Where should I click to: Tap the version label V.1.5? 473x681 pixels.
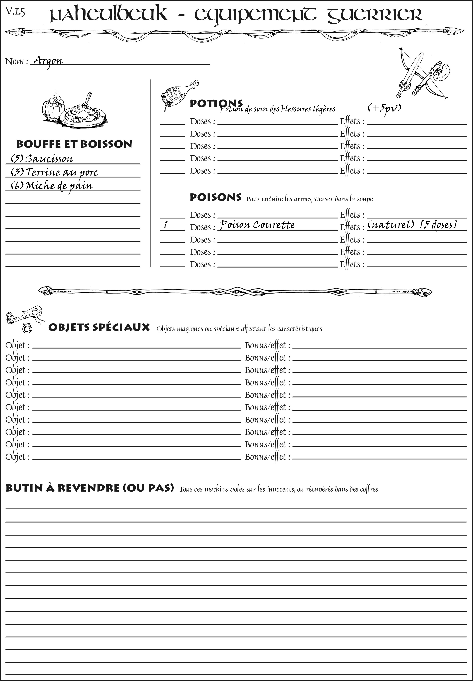[15, 12]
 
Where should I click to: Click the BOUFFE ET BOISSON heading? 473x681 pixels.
[74, 144]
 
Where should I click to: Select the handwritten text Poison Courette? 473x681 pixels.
[257, 225]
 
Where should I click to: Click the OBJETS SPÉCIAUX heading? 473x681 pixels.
[99, 328]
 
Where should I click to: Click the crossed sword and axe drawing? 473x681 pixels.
[421, 74]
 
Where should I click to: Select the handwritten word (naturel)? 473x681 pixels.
[391, 225]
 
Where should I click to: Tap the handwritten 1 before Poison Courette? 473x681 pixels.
[166, 225]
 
